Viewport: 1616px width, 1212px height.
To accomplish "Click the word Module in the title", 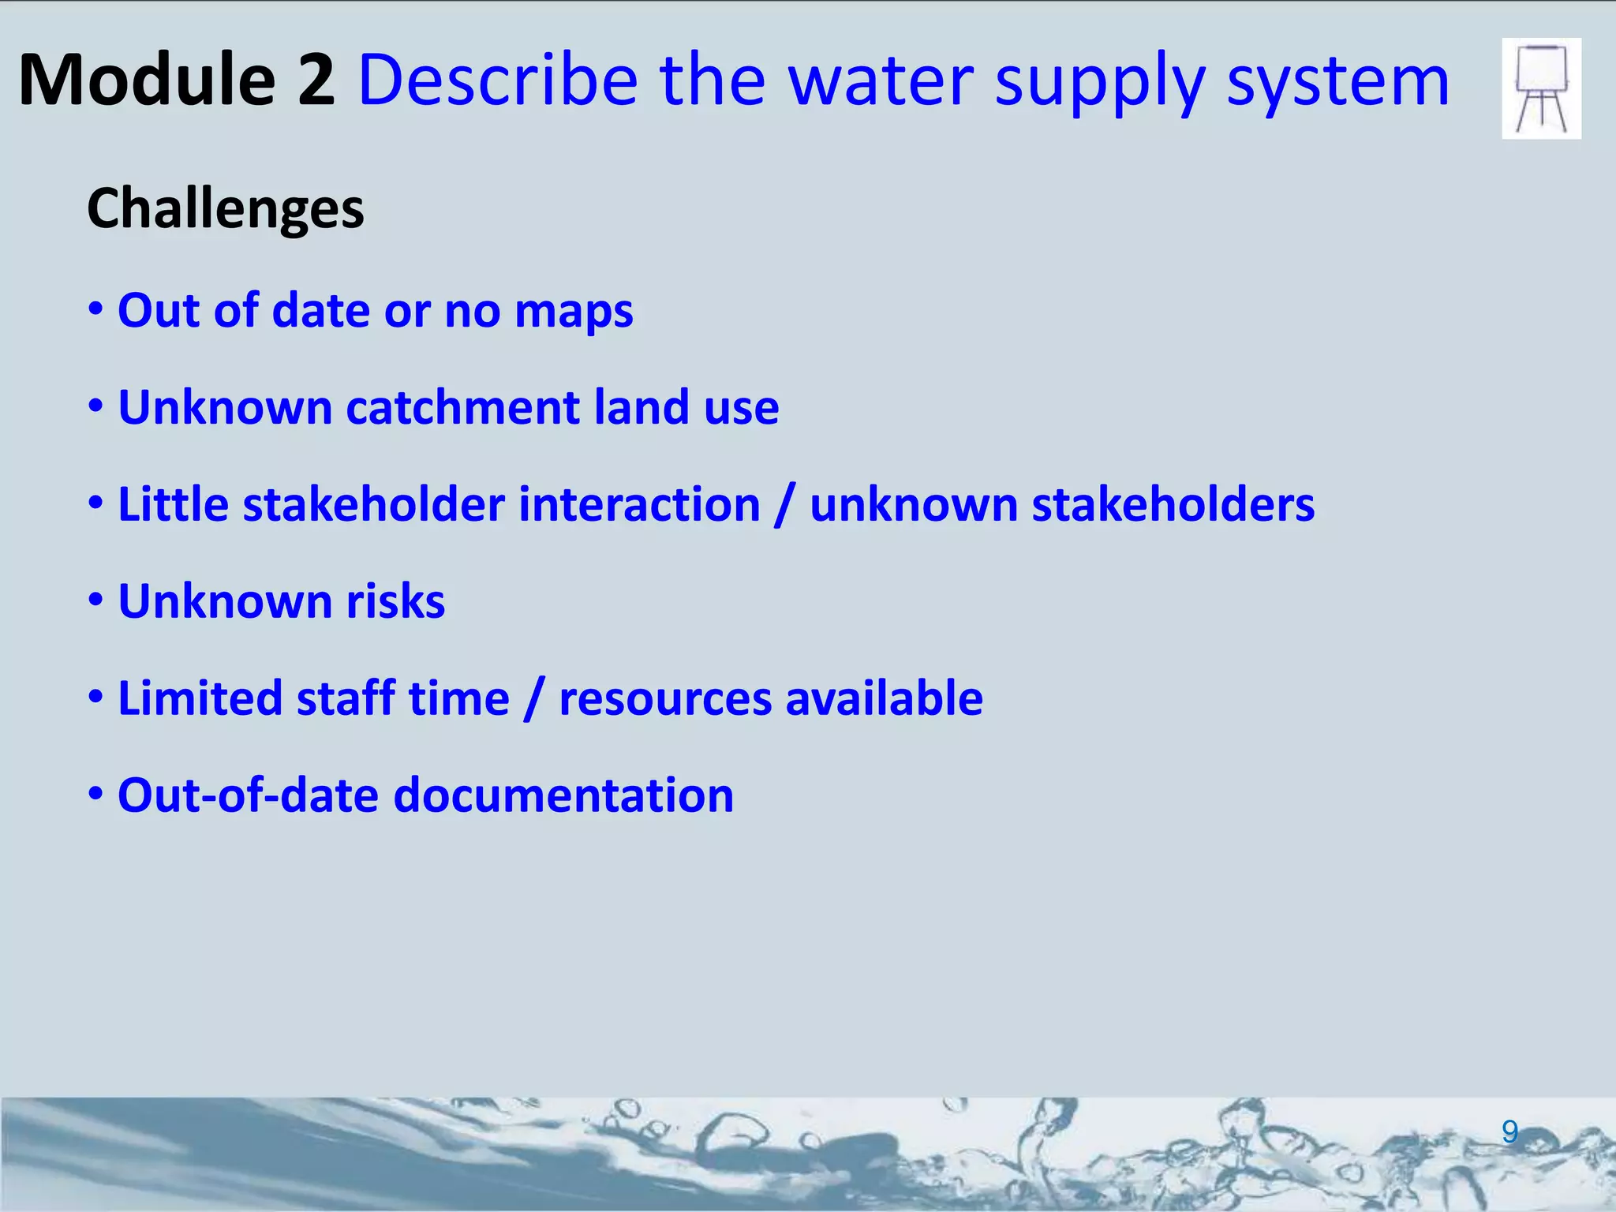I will (146, 80).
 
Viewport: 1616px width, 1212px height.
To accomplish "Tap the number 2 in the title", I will (316, 80).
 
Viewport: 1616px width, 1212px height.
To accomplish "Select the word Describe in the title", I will (498, 80).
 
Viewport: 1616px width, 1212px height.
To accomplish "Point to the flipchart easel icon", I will (1541, 88).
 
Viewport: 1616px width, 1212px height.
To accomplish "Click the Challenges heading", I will (225, 209).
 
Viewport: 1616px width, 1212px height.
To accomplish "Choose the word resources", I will (665, 700).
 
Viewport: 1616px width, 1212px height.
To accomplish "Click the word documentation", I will (563, 795).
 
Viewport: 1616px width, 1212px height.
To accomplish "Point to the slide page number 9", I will (1509, 1132).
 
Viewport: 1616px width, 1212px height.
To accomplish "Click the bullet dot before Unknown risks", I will (95, 600).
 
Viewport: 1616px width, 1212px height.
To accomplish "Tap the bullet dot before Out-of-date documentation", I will (95, 794).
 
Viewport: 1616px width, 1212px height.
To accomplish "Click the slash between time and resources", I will (534, 700).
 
